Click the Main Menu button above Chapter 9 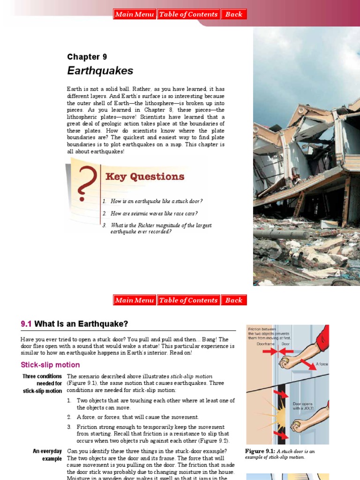pos(135,15)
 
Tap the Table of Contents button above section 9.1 pos(188,300)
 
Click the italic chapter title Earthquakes pos(100,71)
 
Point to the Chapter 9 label pos(87,57)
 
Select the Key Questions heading pos(145,177)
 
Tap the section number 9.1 pos(26,324)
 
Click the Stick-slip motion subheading pos(50,365)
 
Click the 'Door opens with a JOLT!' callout pos(303,405)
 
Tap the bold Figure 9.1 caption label pos(261,451)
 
